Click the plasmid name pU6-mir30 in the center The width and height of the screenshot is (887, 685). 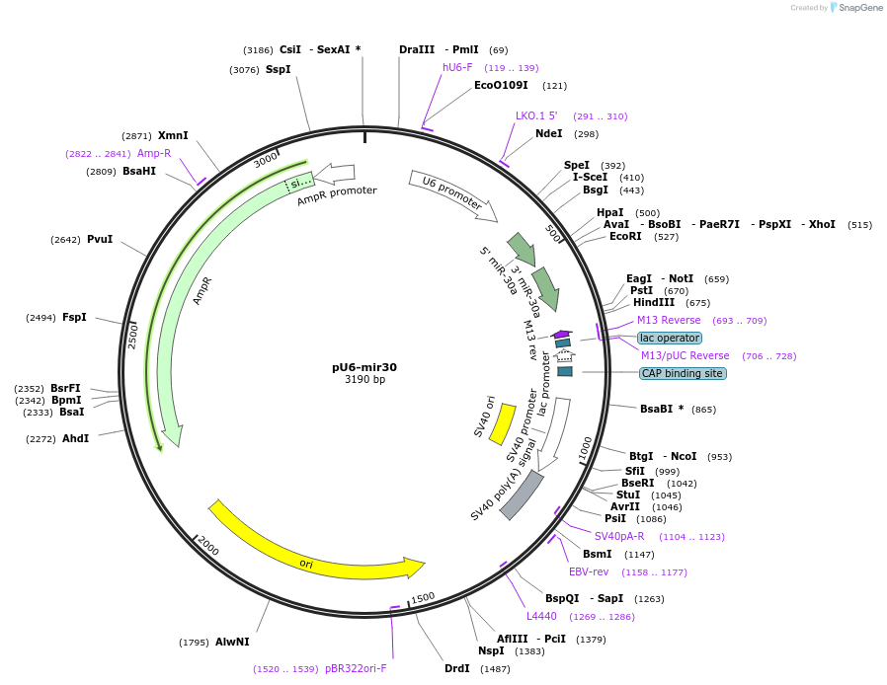click(x=364, y=367)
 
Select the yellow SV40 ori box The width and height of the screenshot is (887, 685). click(x=502, y=423)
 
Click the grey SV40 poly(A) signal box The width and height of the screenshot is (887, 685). click(x=523, y=495)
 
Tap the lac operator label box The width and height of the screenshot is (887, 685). click(x=670, y=338)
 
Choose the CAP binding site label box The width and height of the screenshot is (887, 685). click(x=683, y=373)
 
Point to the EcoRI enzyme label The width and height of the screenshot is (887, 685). click(x=625, y=236)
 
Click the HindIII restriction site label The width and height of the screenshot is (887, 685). click(x=653, y=302)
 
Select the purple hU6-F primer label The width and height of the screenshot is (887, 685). click(x=457, y=67)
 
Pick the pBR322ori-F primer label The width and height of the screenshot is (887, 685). click(x=356, y=668)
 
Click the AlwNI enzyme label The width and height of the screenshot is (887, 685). click(x=232, y=642)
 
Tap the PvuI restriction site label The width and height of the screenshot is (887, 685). click(x=100, y=239)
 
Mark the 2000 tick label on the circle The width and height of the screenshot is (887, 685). click(x=207, y=547)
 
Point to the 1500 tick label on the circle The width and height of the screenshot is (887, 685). click(x=423, y=598)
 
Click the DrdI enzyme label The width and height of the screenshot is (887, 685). click(x=457, y=668)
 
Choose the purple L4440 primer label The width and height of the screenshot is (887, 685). click(x=541, y=616)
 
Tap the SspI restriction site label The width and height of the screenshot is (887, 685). click(x=278, y=69)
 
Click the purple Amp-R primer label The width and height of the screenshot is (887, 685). click(x=154, y=153)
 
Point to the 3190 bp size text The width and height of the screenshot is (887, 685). click(x=364, y=379)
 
